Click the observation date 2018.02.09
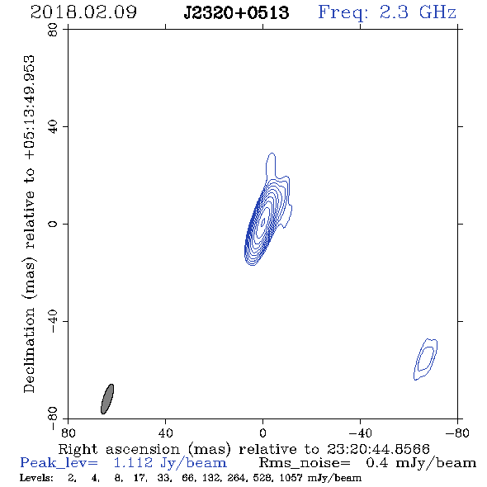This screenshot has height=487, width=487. (83, 12)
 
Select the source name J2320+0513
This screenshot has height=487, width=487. (236, 12)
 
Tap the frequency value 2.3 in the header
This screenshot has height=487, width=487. (394, 12)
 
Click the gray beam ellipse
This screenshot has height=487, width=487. (107, 400)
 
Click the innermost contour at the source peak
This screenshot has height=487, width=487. (263, 221)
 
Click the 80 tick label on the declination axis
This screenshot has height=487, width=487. (53, 30)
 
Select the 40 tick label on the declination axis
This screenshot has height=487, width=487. (53, 127)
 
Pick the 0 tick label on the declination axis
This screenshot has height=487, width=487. (53, 224)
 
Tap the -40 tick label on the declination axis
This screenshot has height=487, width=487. (53, 321)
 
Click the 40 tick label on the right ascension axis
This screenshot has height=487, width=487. (165, 433)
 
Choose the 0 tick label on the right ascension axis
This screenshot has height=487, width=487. (262, 433)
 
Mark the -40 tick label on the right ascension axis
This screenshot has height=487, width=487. (360, 433)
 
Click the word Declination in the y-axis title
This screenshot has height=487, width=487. (29, 350)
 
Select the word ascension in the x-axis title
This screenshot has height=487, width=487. (143, 449)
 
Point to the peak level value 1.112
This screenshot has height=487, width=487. (133, 463)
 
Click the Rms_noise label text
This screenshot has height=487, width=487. (305, 463)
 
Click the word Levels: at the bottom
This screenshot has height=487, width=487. (36, 478)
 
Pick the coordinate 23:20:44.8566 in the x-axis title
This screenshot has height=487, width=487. (378, 449)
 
